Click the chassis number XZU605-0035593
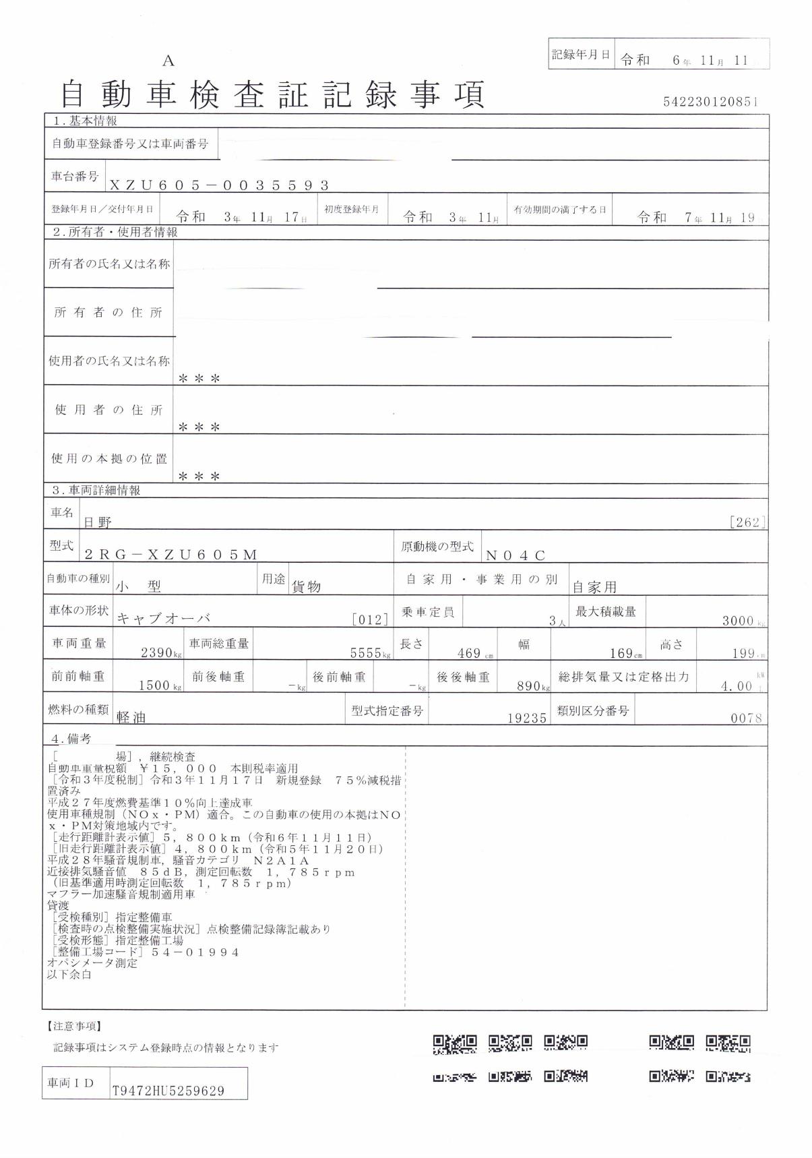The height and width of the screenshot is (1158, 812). (220, 185)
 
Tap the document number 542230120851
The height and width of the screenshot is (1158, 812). (711, 102)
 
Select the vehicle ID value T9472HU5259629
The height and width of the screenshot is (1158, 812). (168, 1090)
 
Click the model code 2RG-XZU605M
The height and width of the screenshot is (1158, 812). (170, 555)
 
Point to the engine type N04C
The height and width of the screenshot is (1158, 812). (516, 555)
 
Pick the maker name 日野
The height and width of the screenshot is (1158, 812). (98, 522)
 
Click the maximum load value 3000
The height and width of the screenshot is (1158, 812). (737, 621)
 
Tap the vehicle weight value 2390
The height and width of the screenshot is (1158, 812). (157, 653)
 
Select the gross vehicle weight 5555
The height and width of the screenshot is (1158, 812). (366, 653)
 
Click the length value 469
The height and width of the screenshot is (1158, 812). (468, 653)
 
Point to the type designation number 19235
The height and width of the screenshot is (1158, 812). (527, 719)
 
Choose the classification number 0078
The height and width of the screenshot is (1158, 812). (746, 719)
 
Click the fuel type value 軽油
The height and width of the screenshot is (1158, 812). (131, 718)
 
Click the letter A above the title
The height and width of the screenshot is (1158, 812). (168, 61)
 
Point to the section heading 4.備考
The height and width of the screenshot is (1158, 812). (71, 739)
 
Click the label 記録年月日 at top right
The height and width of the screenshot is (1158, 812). (581, 55)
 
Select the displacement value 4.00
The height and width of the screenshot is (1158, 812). (736, 686)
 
